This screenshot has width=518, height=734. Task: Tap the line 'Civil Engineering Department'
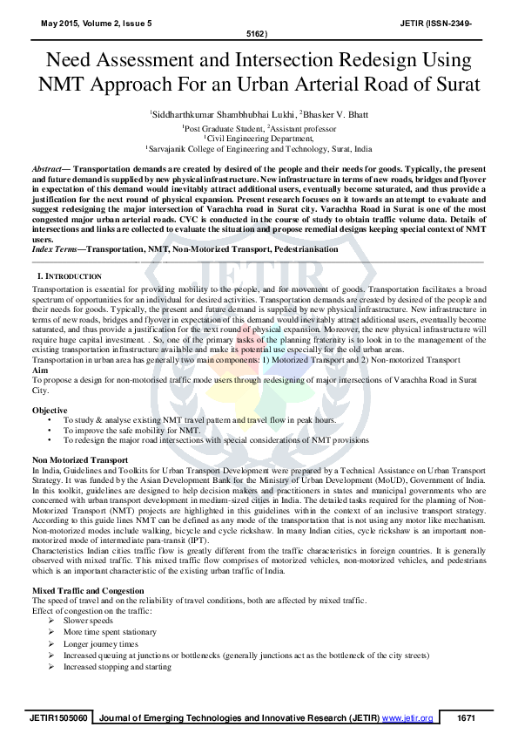tap(259, 138)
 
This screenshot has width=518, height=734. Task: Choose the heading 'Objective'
tap(50, 410)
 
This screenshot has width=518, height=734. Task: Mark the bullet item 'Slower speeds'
tap(88, 620)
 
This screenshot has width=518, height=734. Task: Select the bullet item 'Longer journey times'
tap(100, 643)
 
